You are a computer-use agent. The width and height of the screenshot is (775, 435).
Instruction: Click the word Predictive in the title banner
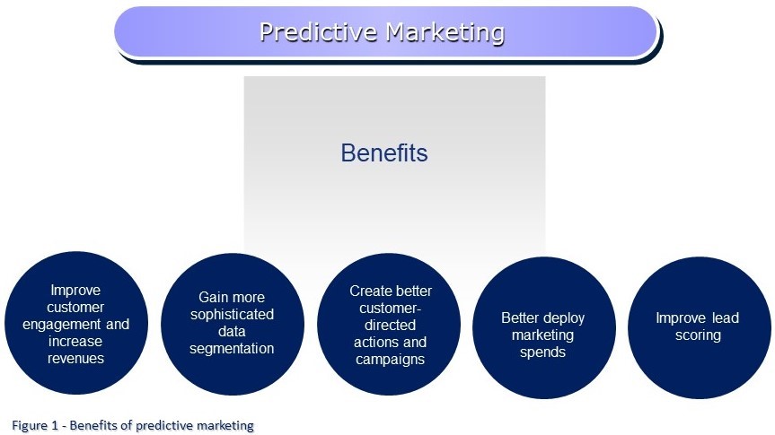(318, 32)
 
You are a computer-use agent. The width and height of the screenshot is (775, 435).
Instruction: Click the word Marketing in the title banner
(445, 32)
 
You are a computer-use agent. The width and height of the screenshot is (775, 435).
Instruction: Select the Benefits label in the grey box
(384, 152)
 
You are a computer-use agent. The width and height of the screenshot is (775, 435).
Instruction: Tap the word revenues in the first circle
(75, 358)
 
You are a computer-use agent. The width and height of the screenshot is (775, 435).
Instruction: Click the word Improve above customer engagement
(75, 290)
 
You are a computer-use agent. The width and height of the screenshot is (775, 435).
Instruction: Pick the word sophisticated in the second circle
(232, 315)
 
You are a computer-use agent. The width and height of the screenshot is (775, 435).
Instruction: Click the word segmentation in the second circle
(232, 349)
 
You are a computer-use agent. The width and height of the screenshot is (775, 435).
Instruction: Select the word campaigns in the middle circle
(390, 360)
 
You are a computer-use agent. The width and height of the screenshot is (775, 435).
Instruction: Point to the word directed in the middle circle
(390, 326)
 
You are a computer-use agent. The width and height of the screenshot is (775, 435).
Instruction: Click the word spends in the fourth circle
(542, 352)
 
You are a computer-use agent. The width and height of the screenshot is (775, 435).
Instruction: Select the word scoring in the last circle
(698, 335)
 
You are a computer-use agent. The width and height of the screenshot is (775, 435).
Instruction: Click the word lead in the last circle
(726, 318)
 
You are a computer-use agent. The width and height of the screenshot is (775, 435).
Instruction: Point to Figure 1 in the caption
(35, 425)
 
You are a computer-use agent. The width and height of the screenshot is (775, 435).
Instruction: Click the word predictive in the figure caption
(163, 426)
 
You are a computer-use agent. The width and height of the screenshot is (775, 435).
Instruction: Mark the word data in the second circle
(232, 332)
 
